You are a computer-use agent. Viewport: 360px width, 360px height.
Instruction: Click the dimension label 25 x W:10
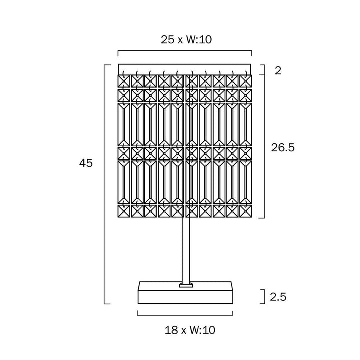point(186,39)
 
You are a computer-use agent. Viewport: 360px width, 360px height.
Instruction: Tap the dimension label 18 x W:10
point(190,330)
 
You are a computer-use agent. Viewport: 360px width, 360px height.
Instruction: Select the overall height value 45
point(86,163)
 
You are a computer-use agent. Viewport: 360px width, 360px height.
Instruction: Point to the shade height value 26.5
point(283,147)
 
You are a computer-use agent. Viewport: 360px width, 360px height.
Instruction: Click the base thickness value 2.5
point(278,297)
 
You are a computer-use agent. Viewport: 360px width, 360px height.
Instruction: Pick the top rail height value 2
point(278,71)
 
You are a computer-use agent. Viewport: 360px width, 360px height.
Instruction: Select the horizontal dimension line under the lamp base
point(185,315)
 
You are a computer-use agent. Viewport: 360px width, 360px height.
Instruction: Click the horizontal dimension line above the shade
point(185,51)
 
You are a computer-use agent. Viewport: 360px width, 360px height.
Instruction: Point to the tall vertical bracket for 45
point(104,185)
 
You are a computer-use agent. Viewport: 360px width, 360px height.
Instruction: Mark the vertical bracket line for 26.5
point(264,146)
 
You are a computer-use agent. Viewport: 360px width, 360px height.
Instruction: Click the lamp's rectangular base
point(185,293)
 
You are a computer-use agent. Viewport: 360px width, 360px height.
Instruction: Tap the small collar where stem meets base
point(186,285)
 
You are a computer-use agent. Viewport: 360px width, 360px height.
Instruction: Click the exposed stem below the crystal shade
point(186,250)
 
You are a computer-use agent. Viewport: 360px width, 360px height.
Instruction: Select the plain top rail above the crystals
point(185,69)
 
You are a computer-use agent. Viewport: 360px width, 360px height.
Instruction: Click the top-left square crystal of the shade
point(124,81)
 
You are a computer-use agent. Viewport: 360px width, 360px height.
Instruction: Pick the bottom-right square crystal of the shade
point(246,211)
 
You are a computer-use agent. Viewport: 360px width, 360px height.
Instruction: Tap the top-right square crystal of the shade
point(246,81)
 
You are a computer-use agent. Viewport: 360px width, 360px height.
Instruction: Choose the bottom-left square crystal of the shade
point(124,211)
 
